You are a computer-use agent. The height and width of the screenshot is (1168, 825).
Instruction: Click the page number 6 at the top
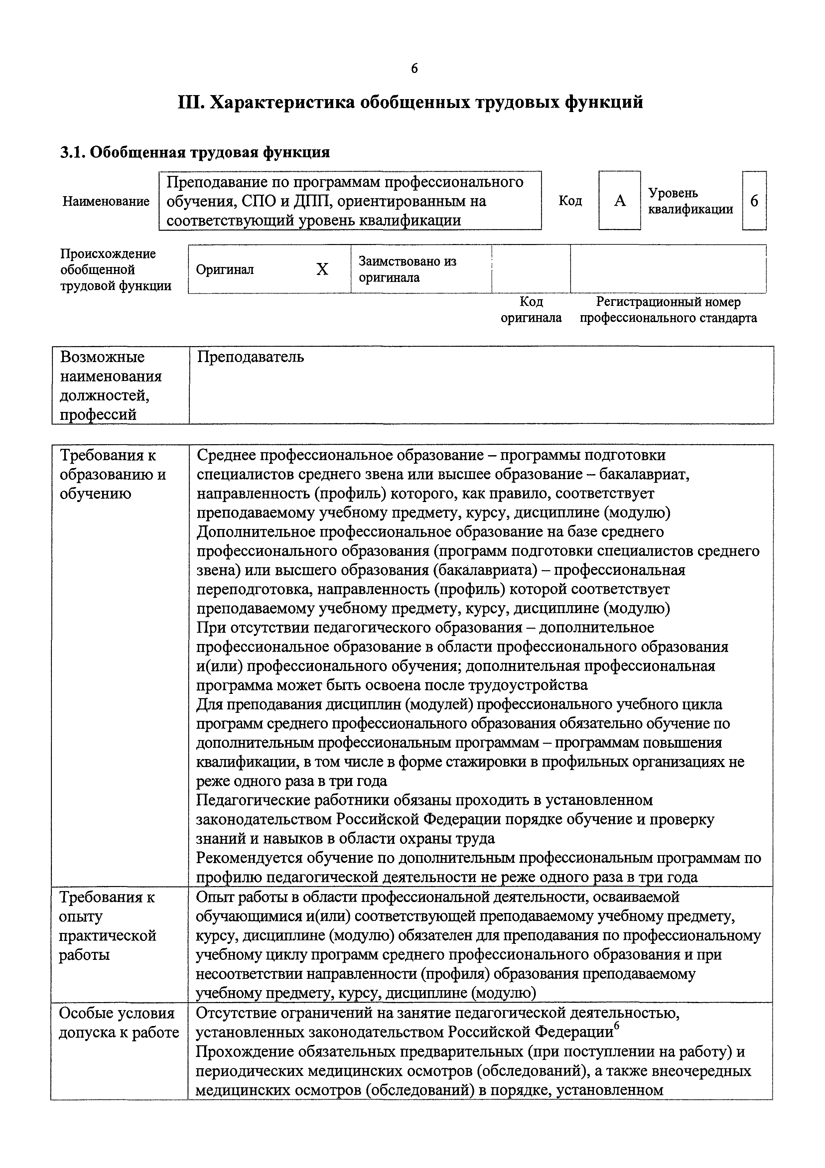click(x=414, y=69)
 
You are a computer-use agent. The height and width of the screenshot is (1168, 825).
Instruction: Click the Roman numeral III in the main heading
click(x=191, y=102)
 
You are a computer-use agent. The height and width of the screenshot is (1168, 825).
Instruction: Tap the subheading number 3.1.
click(x=73, y=152)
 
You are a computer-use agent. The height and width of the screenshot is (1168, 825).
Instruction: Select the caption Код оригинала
click(x=531, y=310)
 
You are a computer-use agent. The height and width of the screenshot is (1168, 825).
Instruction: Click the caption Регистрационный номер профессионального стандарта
click(x=668, y=310)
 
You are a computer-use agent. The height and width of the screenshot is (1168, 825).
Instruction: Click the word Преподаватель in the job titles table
click(x=250, y=357)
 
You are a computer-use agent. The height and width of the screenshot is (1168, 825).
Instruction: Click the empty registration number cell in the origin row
click(x=668, y=269)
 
